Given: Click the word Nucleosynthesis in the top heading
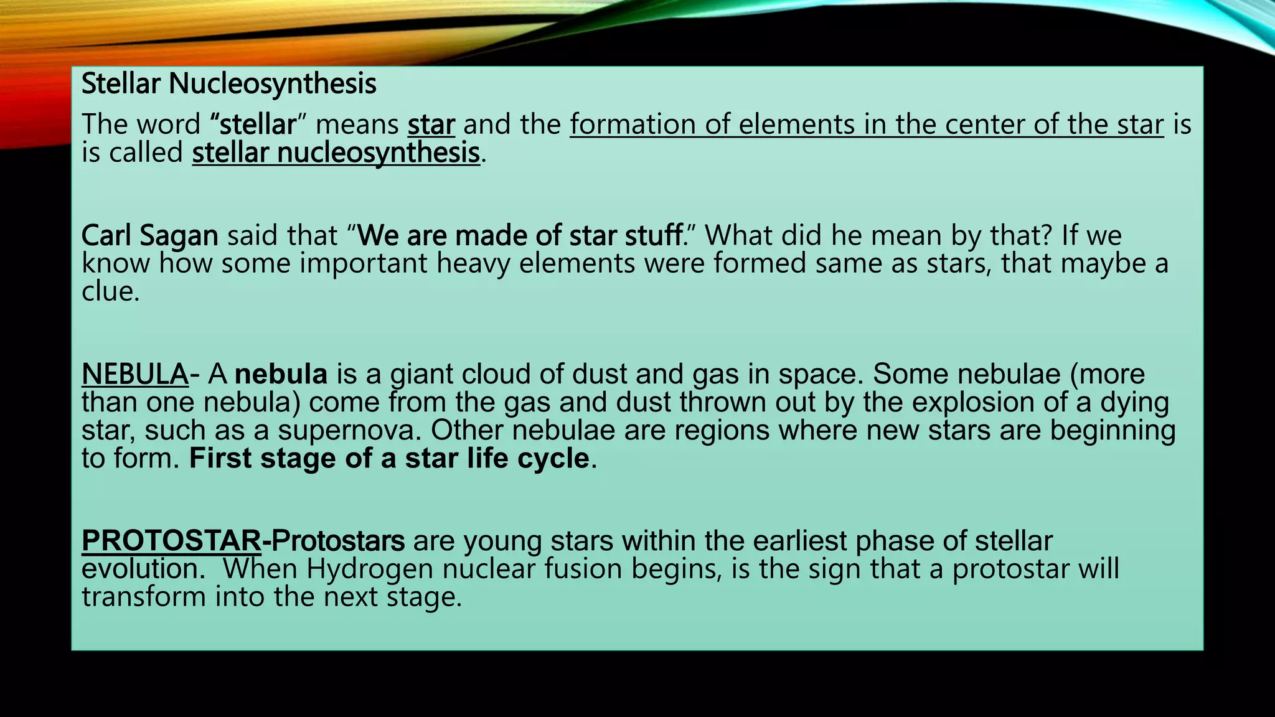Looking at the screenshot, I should pyautogui.click(x=273, y=83).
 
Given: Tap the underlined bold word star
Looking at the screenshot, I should pyautogui.click(x=431, y=124).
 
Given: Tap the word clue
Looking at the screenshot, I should pyautogui.click(x=110, y=291).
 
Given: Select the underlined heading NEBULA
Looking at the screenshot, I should pyautogui.click(x=135, y=374).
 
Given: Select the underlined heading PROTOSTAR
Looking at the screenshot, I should pyautogui.click(x=171, y=541).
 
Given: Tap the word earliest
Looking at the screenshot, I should pyautogui.click(x=799, y=541).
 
